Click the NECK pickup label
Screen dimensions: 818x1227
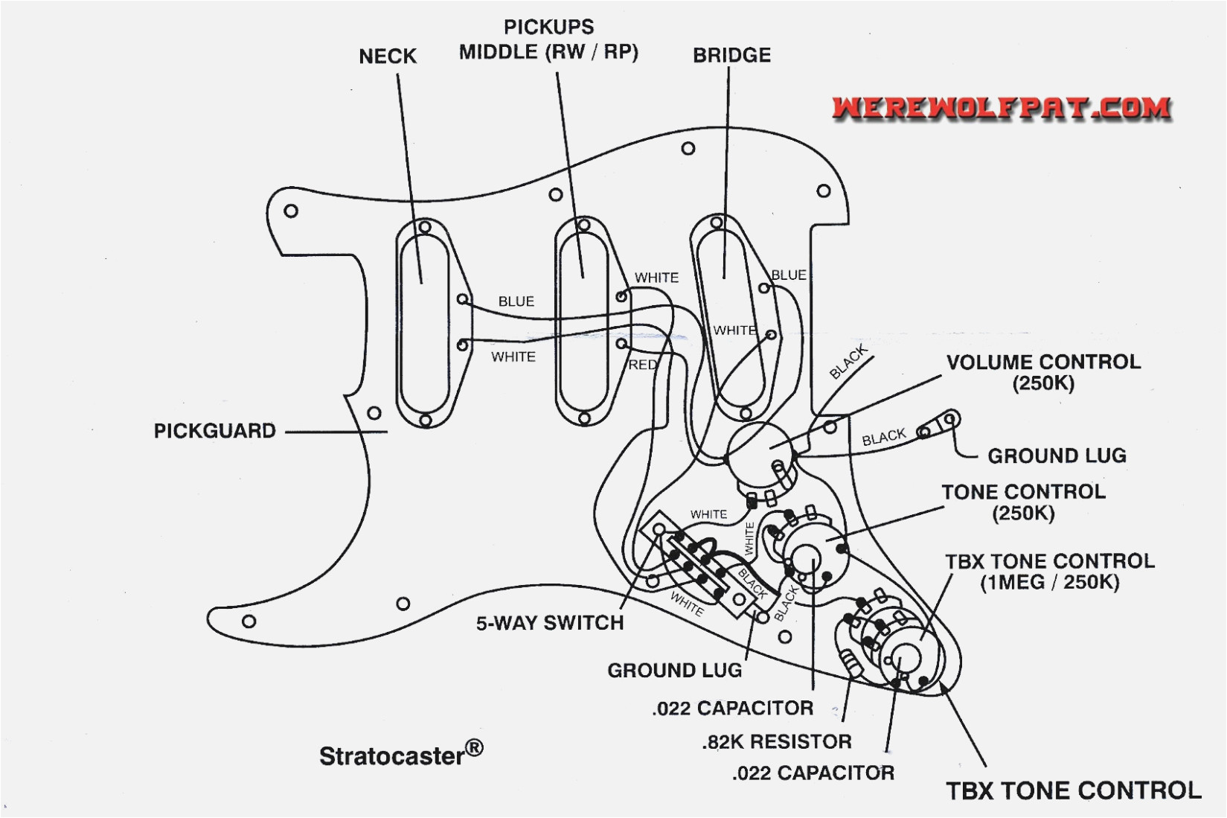387,57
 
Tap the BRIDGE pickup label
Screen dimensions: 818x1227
731,56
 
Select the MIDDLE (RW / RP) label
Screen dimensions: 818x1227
548,53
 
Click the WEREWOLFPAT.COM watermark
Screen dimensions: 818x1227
1001,108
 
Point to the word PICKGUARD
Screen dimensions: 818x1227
214,431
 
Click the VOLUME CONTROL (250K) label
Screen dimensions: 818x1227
1043,372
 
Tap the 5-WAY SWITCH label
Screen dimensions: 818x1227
550,623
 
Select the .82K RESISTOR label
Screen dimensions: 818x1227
777,741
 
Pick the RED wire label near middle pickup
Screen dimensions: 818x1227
642,365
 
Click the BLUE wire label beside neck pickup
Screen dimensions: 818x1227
516,301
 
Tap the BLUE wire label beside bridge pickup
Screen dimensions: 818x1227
788,275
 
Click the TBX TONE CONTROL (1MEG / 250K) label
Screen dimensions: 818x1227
1049,572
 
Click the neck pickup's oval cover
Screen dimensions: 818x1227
424,325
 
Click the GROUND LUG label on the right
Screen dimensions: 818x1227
1056,456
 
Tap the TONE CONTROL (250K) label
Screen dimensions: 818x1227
1023,502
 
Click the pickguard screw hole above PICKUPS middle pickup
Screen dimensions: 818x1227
556,195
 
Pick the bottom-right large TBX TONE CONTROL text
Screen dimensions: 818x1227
1073,790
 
